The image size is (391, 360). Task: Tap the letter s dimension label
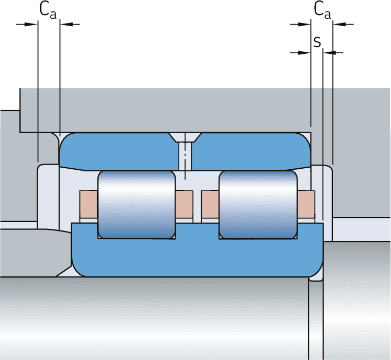317,42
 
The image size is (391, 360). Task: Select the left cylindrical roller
136,204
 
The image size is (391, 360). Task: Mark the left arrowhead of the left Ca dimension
33,24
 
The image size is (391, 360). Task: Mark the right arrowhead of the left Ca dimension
65,24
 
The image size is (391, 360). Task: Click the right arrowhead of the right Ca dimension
338,24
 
